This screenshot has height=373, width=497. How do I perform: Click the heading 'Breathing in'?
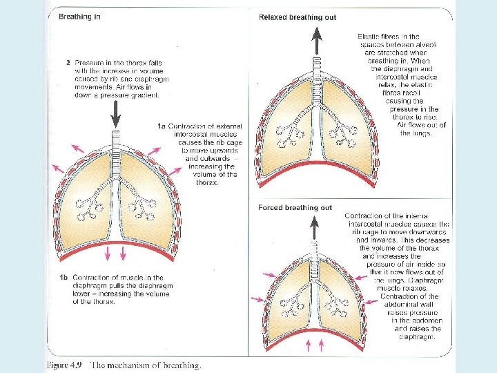(85, 16)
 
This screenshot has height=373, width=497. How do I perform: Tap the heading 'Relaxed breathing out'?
(298, 17)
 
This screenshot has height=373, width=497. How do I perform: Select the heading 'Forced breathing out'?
(295, 207)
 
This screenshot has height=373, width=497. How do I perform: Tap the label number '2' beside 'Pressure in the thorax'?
(68, 63)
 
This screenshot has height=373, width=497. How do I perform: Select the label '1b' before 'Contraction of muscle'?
(63, 277)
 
